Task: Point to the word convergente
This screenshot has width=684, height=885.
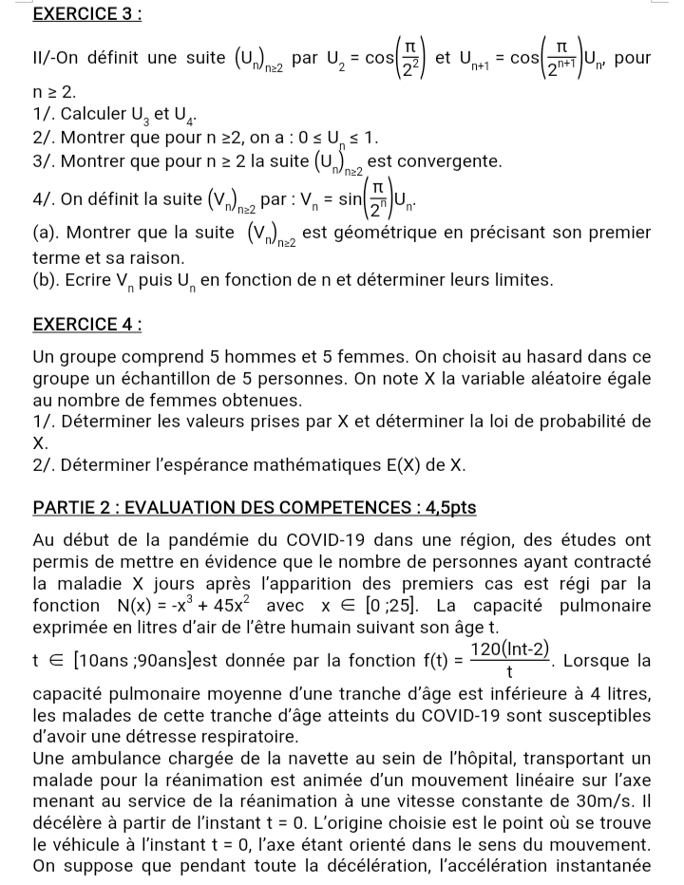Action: (448, 158)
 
